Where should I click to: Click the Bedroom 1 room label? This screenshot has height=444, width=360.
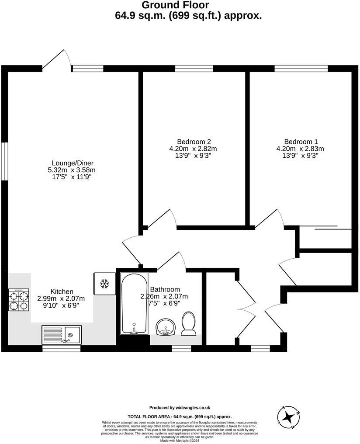(x=301, y=142)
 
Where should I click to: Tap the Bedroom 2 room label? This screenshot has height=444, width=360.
(x=194, y=142)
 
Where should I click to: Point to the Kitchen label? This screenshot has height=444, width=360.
(x=62, y=291)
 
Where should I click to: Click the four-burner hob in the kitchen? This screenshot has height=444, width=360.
(x=19, y=300)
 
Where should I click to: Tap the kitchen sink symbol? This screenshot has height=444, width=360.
(x=62, y=335)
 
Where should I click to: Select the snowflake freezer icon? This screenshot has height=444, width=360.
(x=104, y=284)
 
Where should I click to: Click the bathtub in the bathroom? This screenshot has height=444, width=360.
(x=134, y=304)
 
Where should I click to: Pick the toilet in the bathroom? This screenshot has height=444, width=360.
(x=189, y=324)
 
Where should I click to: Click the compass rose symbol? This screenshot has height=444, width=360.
(x=288, y=416)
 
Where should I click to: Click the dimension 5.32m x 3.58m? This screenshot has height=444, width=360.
(x=72, y=170)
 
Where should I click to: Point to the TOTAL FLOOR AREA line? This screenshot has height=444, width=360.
(x=180, y=417)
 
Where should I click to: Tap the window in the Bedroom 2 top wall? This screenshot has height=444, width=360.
(x=194, y=68)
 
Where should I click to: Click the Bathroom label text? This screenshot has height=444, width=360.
(x=165, y=289)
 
